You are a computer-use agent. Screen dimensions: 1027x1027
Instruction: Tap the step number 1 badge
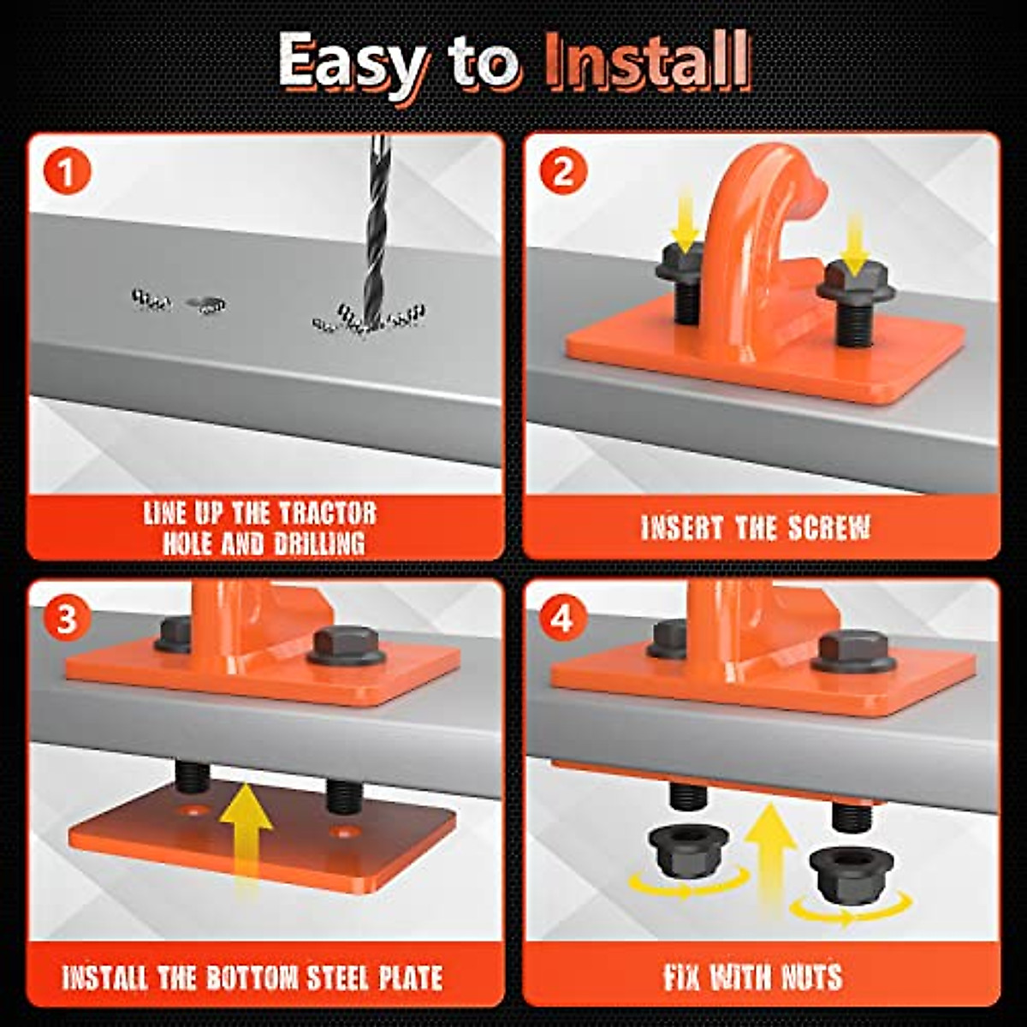67,172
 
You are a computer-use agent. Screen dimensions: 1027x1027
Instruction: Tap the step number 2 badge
564,172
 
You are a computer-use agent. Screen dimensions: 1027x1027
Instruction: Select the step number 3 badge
66,620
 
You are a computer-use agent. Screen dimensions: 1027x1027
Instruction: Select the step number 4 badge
563,620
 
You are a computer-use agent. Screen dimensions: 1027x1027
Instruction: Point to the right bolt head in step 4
852,650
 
